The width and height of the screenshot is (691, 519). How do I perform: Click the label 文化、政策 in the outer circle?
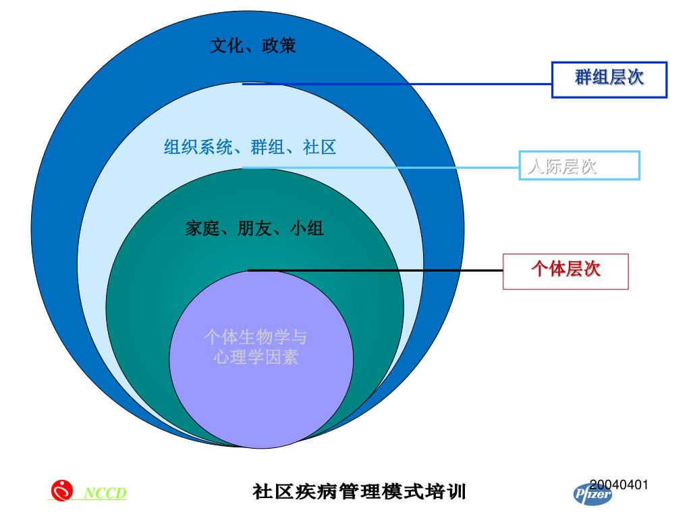(252, 46)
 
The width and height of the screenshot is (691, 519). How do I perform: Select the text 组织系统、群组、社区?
(250, 147)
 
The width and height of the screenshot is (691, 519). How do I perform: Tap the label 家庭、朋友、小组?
(254, 228)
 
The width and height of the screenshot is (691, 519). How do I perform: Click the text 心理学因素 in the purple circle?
(255, 356)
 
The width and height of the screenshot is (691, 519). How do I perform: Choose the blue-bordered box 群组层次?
(609, 79)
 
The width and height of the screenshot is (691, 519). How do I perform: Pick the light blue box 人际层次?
(579, 166)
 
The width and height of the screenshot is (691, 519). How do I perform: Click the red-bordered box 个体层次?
(565, 271)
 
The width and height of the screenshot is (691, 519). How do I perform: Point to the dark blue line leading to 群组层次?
(405, 84)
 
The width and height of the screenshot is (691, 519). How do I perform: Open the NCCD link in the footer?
(105, 493)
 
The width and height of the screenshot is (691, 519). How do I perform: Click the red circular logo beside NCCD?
(62, 490)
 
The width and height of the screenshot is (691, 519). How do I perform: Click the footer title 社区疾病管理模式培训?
(359, 491)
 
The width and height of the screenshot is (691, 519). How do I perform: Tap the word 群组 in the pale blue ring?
(267, 147)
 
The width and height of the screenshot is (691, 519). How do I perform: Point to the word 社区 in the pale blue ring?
(320, 147)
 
